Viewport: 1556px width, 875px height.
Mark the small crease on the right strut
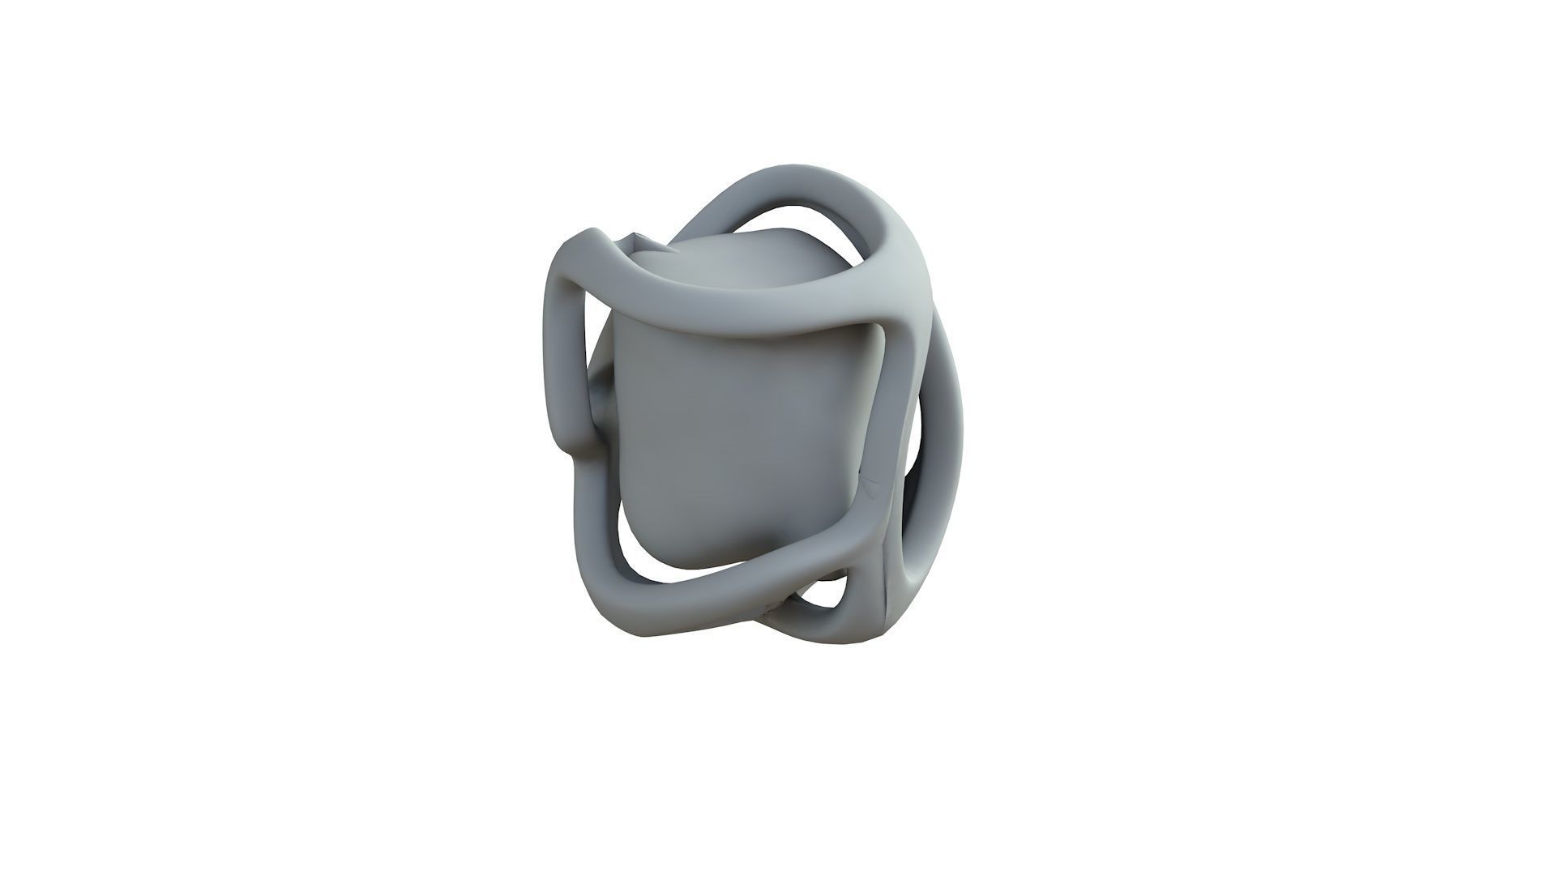pyautogui.click(x=872, y=486)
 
